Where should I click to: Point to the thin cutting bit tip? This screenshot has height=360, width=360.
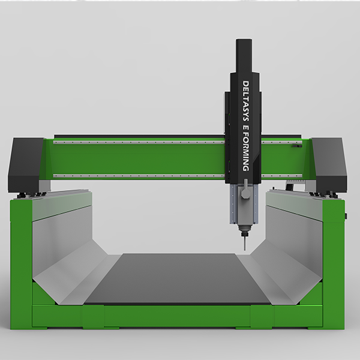pyautogui.click(x=245, y=250)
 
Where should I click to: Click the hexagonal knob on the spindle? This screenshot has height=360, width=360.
pyautogui.click(x=245, y=194)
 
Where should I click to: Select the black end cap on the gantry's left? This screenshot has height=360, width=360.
pyautogui.click(x=26, y=164)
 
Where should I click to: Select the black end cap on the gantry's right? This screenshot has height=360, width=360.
pyautogui.click(x=329, y=164)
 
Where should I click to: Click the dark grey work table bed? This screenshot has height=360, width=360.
pyautogui.click(x=178, y=278)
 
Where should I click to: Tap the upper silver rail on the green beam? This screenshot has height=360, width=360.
pyautogui.click(x=139, y=142)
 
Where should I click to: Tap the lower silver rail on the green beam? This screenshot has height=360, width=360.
pyautogui.click(x=139, y=176)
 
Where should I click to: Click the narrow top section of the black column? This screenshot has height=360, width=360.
pyautogui.click(x=244, y=56)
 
